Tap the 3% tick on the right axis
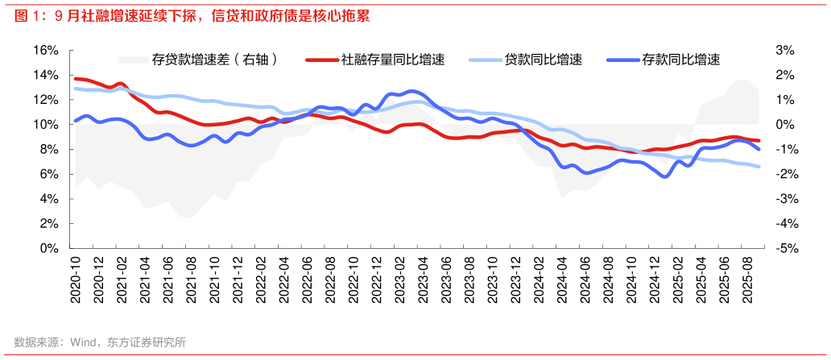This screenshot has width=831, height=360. pyautogui.click(x=784, y=50)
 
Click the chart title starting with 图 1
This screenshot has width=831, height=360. pyautogui.click(x=193, y=15)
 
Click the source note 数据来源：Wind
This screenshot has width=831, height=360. pyautogui.click(x=100, y=342)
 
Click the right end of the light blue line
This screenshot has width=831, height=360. pyautogui.click(x=759, y=167)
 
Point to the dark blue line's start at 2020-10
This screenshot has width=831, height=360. pyautogui.click(x=76, y=121)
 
